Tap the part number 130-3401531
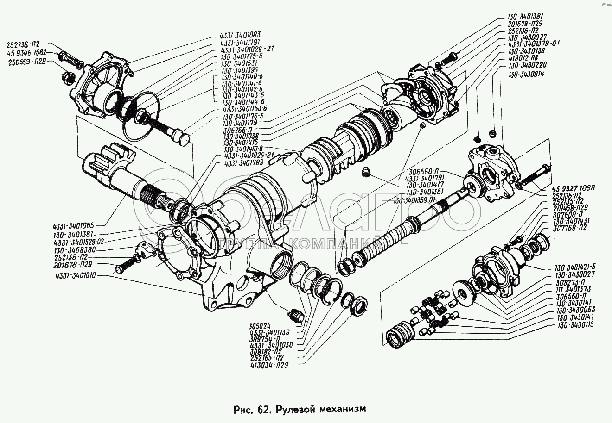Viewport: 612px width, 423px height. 240,63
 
